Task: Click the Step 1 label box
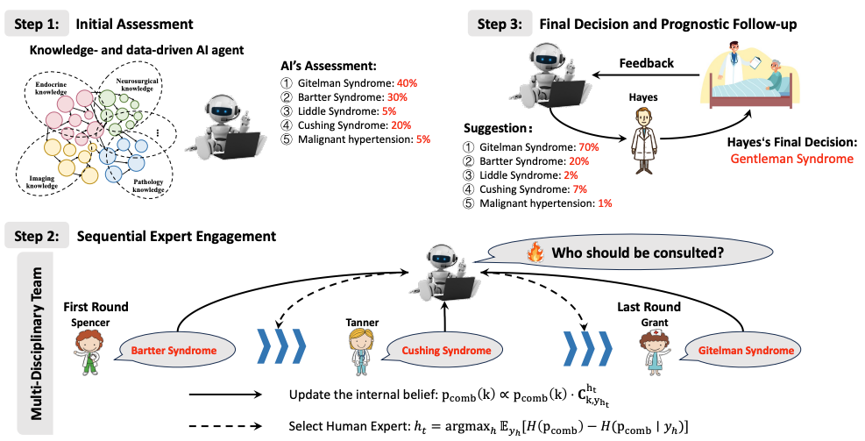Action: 37,24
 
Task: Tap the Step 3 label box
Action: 500,24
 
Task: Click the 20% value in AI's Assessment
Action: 401,125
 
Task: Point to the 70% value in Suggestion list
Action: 589,147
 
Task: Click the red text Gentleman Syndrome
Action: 791,159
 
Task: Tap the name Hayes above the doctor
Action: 643,97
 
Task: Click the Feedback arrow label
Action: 647,63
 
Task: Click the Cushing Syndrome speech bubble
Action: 446,351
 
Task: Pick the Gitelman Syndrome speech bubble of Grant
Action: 745,351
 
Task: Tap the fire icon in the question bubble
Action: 535,253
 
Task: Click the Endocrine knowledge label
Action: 52,89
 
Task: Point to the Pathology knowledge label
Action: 148,186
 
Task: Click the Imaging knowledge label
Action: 42,182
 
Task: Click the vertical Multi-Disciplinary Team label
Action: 37,343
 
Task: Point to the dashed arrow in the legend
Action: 225,425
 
